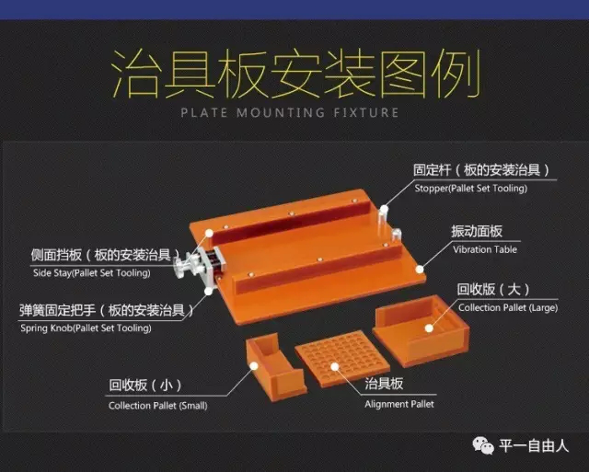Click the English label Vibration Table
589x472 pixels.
click(485, 249)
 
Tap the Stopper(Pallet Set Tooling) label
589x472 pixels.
click(470, 188)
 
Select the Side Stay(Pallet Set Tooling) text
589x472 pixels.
click(92, 273)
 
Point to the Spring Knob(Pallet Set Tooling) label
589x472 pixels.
click(86, 328)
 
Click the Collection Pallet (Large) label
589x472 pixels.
click(508, 308)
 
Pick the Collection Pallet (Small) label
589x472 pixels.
click(157, 406)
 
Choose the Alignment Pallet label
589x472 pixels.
click(398, 404)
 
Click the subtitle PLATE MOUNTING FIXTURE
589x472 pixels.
click(290, 112)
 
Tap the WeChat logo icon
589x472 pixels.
click(483, 445)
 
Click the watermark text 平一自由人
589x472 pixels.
click(534, 446)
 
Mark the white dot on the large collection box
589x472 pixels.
click(429, 328)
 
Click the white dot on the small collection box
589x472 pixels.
click(254, 366)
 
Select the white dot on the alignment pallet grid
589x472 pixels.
click(335, 366)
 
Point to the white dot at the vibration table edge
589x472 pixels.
click(420, 269)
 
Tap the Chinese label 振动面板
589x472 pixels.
click(477, 231)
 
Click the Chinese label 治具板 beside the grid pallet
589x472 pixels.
click(384, 384)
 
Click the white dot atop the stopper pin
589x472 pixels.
click(384, 209)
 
